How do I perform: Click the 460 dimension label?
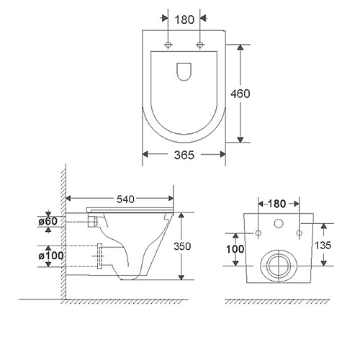tap(240, 94)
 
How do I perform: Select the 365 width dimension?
tap(184, 155)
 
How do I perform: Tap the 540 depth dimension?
tap(125, 199)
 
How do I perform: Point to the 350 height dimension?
tap(182, 246)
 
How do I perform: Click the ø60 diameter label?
tap(48, 221)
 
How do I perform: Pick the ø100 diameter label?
tap(51, 256)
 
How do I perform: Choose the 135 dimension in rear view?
tap(323, 246)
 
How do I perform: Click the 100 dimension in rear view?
tap(235, 249)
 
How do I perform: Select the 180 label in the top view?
tap(184, 19)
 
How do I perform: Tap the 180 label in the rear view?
tap(276, 204)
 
